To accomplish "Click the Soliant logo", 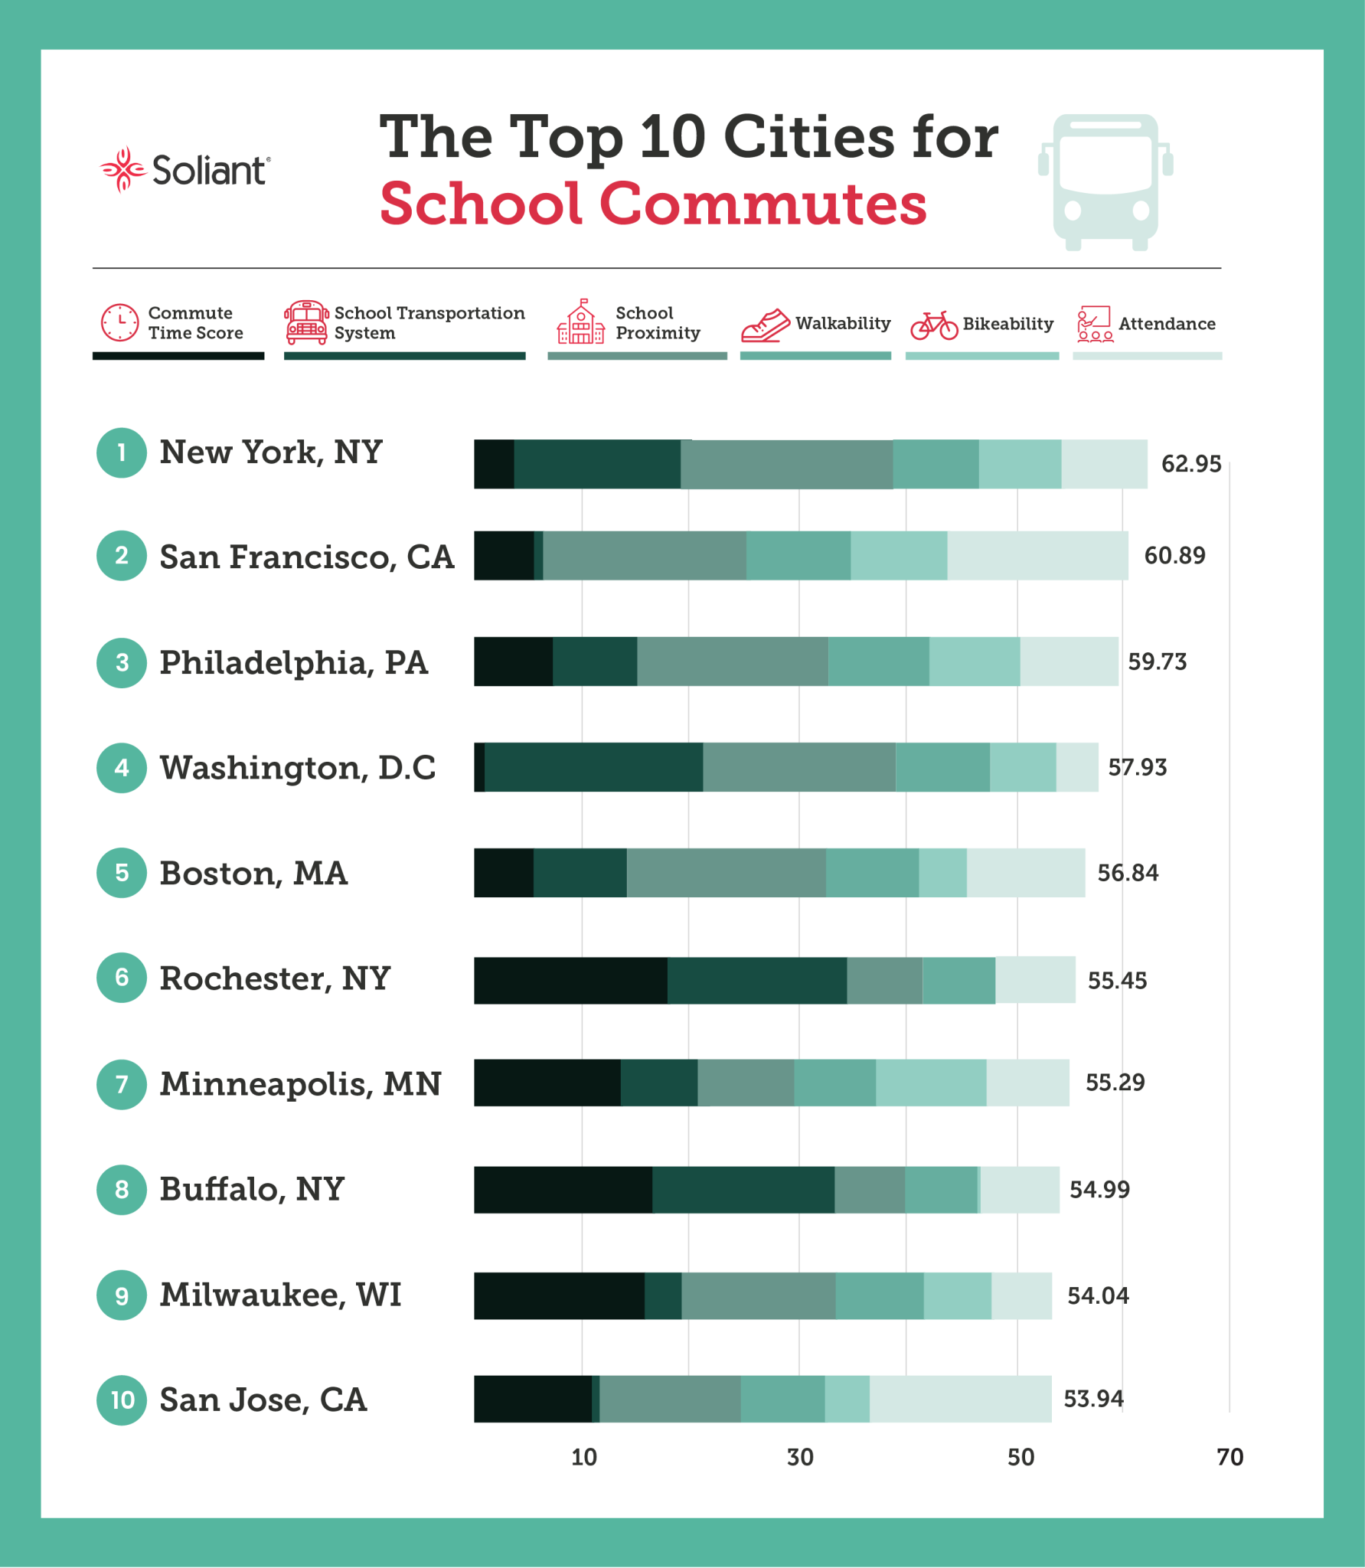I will [185, 170].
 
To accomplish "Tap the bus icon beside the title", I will [1105, 181].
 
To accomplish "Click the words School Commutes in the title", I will [652, 204].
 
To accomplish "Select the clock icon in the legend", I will [120, 322].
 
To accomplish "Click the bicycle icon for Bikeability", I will [933, 325].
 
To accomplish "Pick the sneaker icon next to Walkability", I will [765, 325].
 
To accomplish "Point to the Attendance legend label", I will [1166, 324].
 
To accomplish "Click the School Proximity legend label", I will [657, 323].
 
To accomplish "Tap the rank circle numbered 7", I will [122, 1084].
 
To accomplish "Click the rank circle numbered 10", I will [122, 1400].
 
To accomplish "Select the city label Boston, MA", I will [253, 874].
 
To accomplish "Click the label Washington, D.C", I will [297, 768].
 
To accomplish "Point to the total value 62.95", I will [1190, 464].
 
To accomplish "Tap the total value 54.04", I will [1097, 1295].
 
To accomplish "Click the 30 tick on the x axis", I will [800, 1457].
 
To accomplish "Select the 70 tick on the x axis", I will [1229, 1457].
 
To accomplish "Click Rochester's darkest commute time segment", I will [570, 980].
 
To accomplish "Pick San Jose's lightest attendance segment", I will [960, 1399].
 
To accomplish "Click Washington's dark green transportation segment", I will [593, 767].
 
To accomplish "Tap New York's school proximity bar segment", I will [786, 464].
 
